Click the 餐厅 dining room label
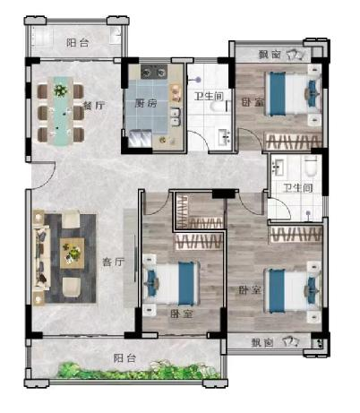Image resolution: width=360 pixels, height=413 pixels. [x=94, y=106]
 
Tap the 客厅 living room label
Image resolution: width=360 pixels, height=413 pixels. [x=113, y=262]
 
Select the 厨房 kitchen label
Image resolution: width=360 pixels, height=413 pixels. [x=146, y=104]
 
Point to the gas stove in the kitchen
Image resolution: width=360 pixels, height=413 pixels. [x=154, y=72]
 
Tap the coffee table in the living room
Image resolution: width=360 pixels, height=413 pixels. [x=72, y=253]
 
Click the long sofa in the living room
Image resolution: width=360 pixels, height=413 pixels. [x=40, y=257]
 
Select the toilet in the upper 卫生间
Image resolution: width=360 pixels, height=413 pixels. [x=217, y=107]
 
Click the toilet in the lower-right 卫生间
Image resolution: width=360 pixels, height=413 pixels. [x=311, y=167]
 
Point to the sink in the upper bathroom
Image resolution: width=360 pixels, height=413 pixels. [x=224, y=137]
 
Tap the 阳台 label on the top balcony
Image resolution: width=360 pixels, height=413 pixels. [x=78, y=43]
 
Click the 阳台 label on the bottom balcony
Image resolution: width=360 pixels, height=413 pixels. [x=124, y=357]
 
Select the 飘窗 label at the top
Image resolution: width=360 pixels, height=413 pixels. [x=270, y=55]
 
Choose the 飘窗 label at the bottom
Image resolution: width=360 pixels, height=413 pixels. [x=262, y=342]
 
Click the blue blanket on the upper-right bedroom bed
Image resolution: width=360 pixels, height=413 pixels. [x=278, y=93]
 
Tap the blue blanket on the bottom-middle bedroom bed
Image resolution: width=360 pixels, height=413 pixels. [x=186, y=283]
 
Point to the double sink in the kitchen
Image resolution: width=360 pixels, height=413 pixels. [x=176, y=117]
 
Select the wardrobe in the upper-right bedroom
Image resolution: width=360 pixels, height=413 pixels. [x=294, y=142]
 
